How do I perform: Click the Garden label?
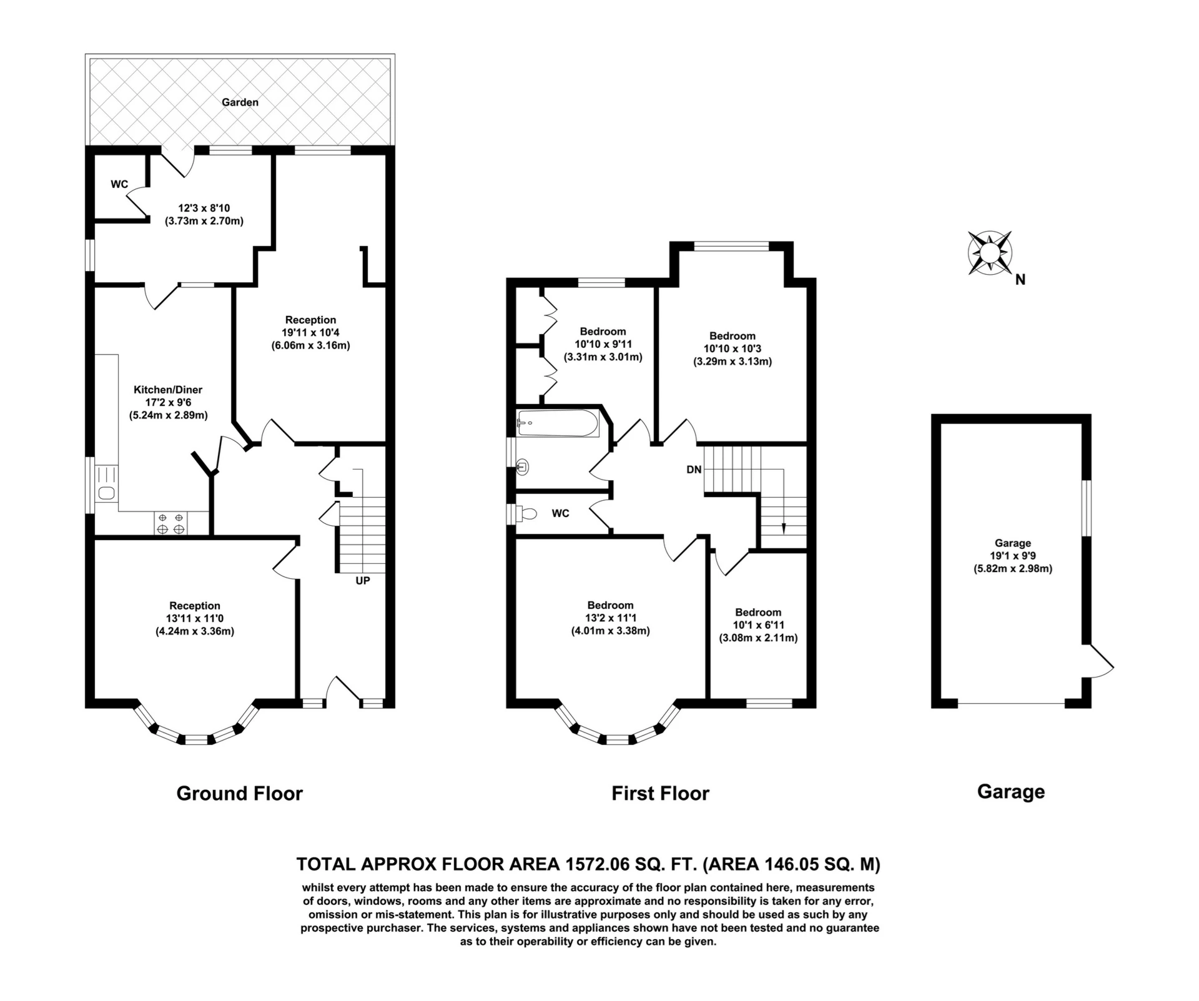240,102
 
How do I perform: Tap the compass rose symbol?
989,252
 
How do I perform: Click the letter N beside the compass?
1020,280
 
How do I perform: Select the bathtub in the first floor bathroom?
558,423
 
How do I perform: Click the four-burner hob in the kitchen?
170,523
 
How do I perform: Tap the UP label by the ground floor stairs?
363,581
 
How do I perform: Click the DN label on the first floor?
694,470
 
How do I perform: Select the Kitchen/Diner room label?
168,390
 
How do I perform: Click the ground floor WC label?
119,184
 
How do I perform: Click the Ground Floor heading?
240,793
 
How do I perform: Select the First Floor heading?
661,793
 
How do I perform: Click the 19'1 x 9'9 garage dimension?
1013,556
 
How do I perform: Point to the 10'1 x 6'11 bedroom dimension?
758,625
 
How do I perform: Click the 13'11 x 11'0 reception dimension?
195,618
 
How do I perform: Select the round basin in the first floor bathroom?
523,466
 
